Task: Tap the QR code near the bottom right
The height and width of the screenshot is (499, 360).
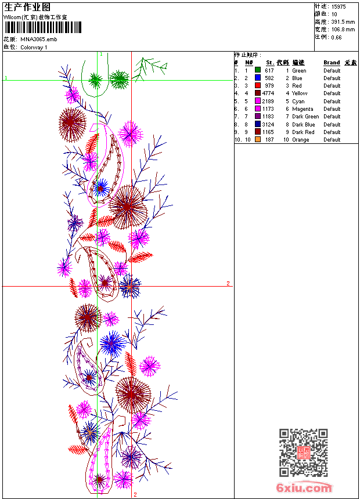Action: tap(304, 453)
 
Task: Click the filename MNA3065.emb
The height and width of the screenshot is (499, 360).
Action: tap(39, 39)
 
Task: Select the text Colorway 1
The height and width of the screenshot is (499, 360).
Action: tap(34, 47)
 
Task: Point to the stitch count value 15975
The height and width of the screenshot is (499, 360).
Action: tap(339, 6)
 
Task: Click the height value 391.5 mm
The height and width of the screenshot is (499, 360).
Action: tap(343, 21)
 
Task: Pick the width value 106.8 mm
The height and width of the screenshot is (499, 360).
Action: tap(343, 29)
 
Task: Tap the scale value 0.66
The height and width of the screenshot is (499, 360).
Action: tap(336, 37)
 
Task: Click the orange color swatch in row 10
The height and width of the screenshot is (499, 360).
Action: tap(258, 140)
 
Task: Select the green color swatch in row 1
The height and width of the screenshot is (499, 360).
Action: tap(258, 70)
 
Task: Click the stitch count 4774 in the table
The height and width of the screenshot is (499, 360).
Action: tap(268, 93)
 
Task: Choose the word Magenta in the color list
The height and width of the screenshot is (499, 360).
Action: tap(303, 109)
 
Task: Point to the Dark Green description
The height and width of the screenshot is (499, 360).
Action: tap(305, 117)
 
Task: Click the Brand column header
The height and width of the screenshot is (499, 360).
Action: tap(332, 63)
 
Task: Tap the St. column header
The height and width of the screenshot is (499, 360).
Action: tap(270, 63)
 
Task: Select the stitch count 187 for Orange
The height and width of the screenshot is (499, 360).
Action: tap(269, 140)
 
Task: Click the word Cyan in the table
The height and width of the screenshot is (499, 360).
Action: tap(298, 101)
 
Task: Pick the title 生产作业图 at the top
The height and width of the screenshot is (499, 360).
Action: tap(27, 7)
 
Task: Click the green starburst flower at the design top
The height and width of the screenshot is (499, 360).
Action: tap(119, 79)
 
